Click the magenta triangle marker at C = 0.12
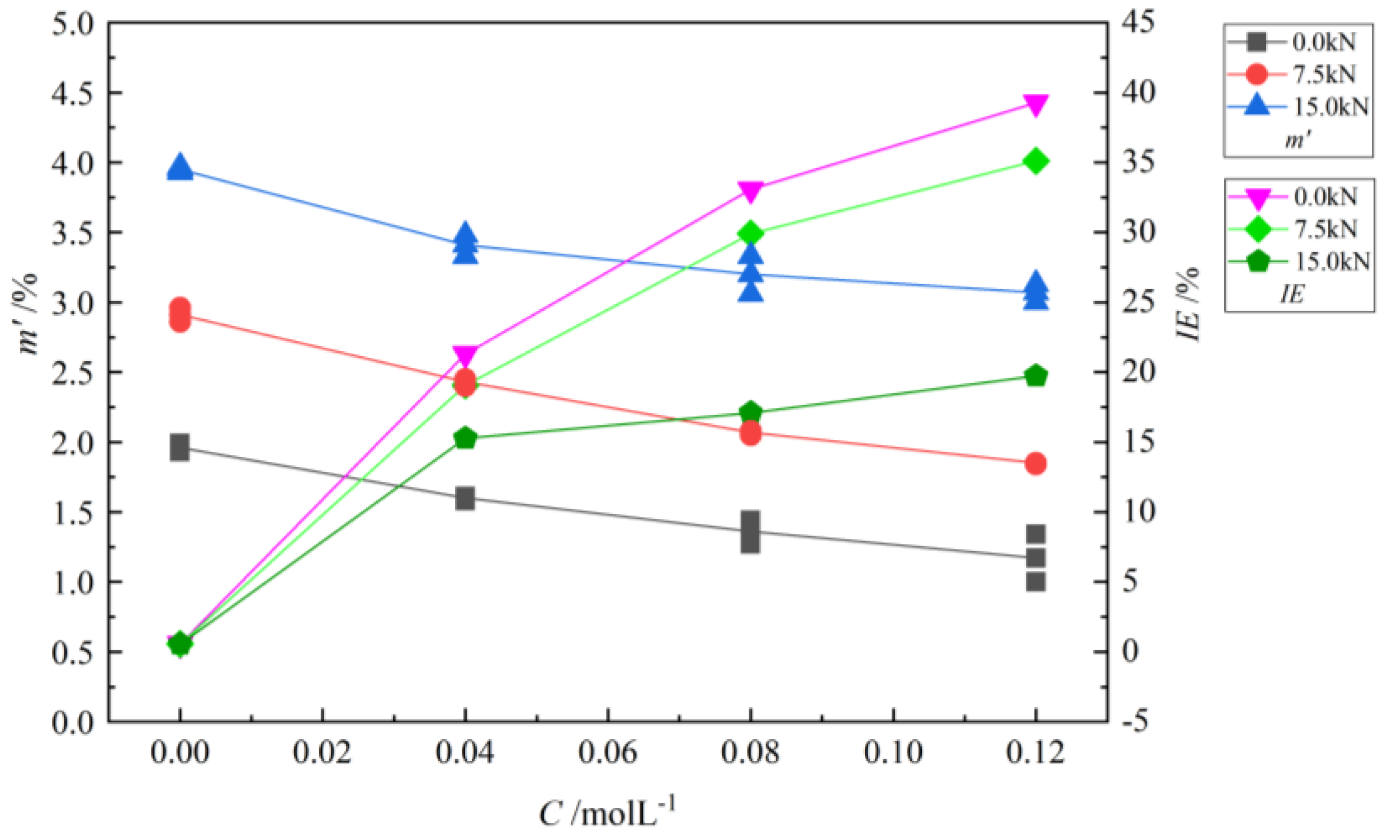point(1035,105)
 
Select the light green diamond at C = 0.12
point(1035,162)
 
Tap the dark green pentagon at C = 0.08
point(750,413)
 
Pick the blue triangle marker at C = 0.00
point(179,167)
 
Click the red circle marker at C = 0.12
point(1035,463)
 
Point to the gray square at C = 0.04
point(465,498)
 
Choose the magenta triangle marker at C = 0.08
point(750,191)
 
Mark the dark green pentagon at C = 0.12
point(1035,376)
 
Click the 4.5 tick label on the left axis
point(72,93)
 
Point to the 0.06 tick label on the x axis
point(607,752)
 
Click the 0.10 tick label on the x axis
point(892,752)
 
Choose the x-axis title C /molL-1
point(606,812)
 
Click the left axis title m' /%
point(28,314)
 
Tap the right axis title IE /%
point(1188,304)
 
